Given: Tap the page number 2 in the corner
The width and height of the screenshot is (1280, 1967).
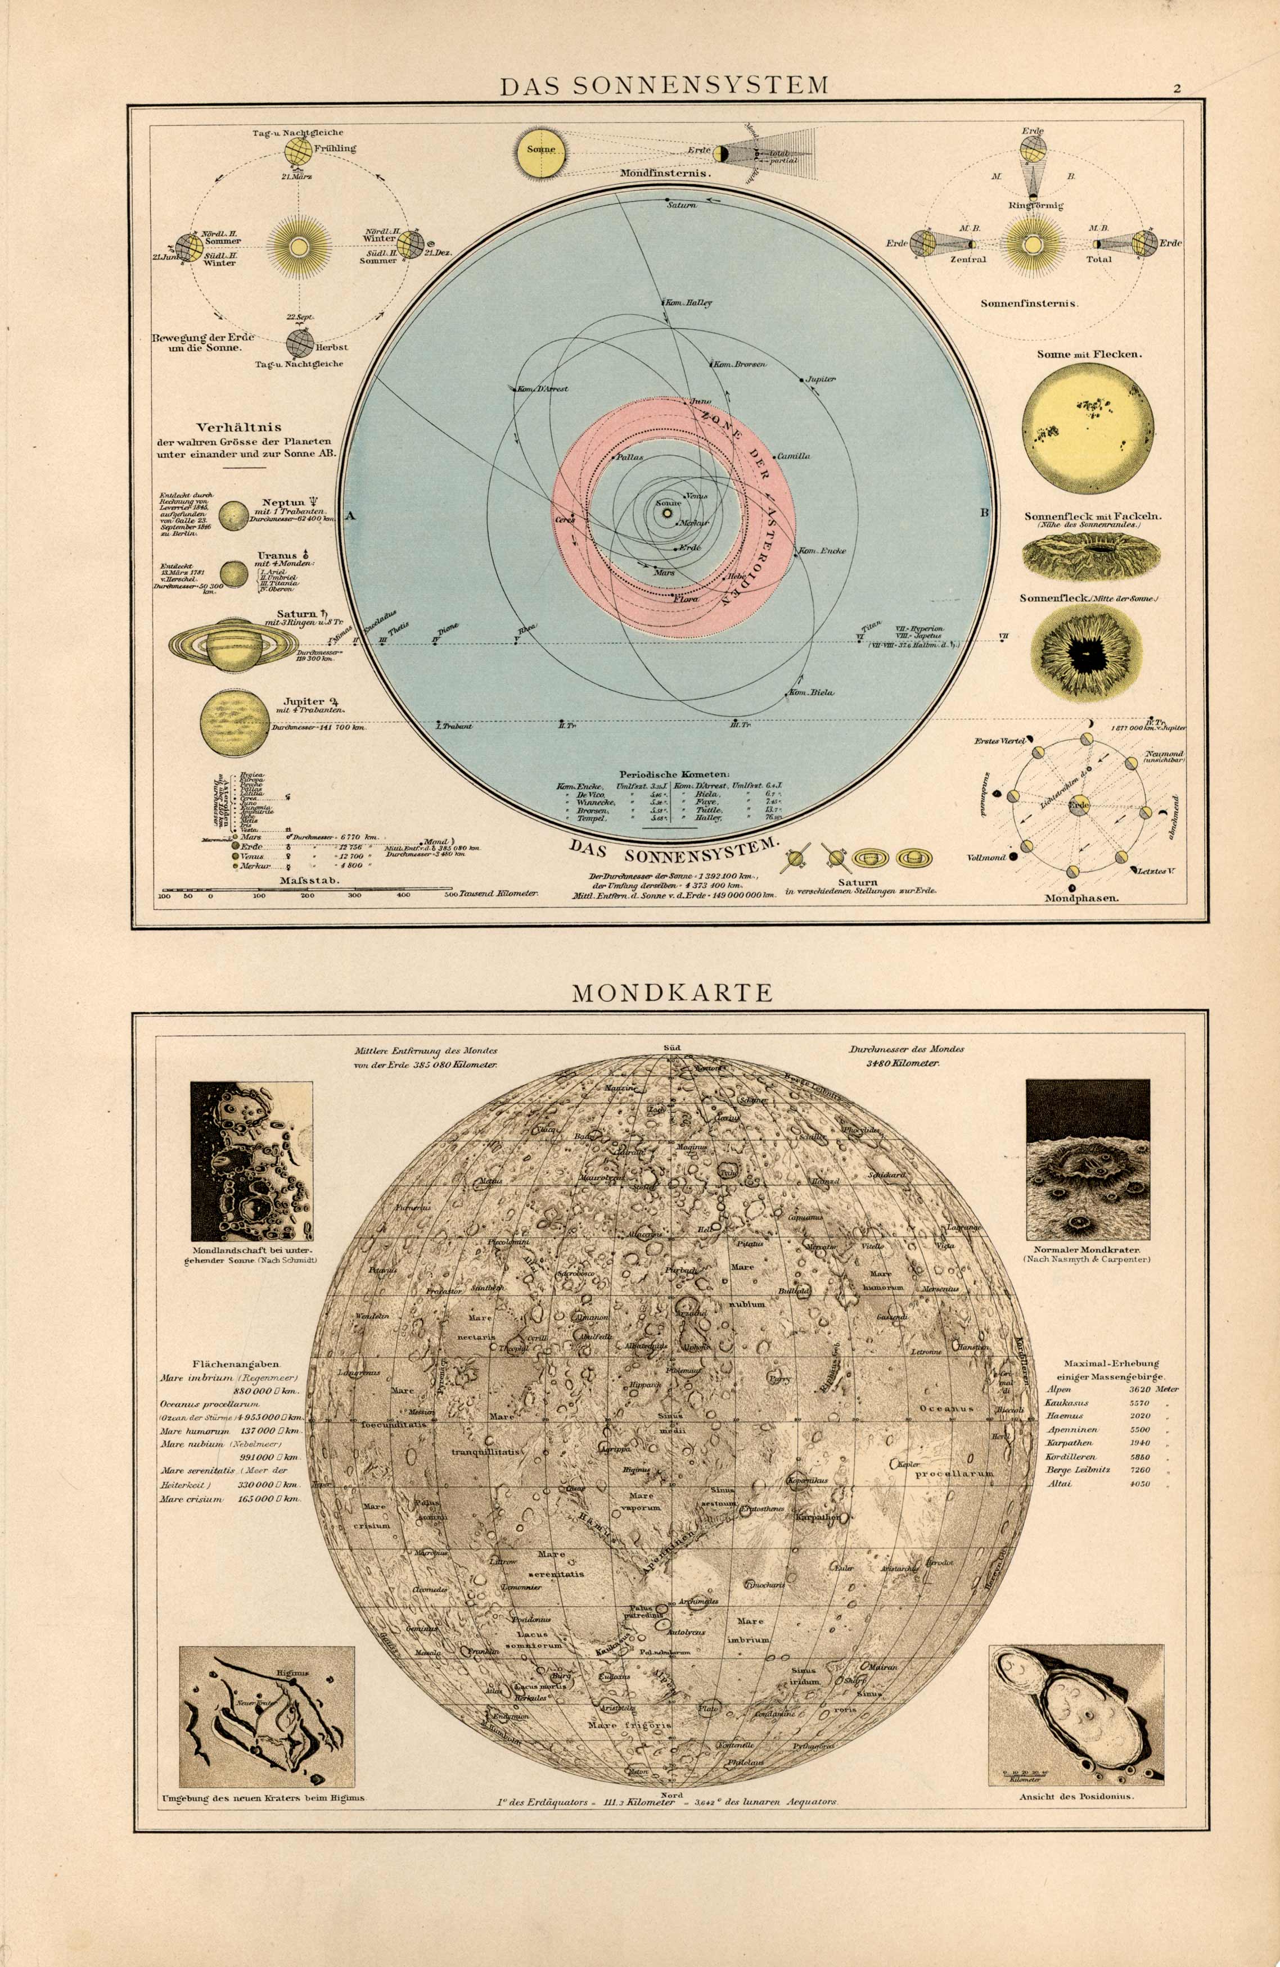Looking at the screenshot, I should click(1176, 89).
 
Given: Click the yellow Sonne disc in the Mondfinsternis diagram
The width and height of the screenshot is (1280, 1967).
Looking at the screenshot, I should click(540, 151).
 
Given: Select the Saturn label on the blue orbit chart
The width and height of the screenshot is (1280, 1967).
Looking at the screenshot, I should click(684, 203).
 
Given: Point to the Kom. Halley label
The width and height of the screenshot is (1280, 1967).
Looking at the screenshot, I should click(691, 302).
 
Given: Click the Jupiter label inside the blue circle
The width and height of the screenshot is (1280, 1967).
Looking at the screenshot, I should click(821, 379).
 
